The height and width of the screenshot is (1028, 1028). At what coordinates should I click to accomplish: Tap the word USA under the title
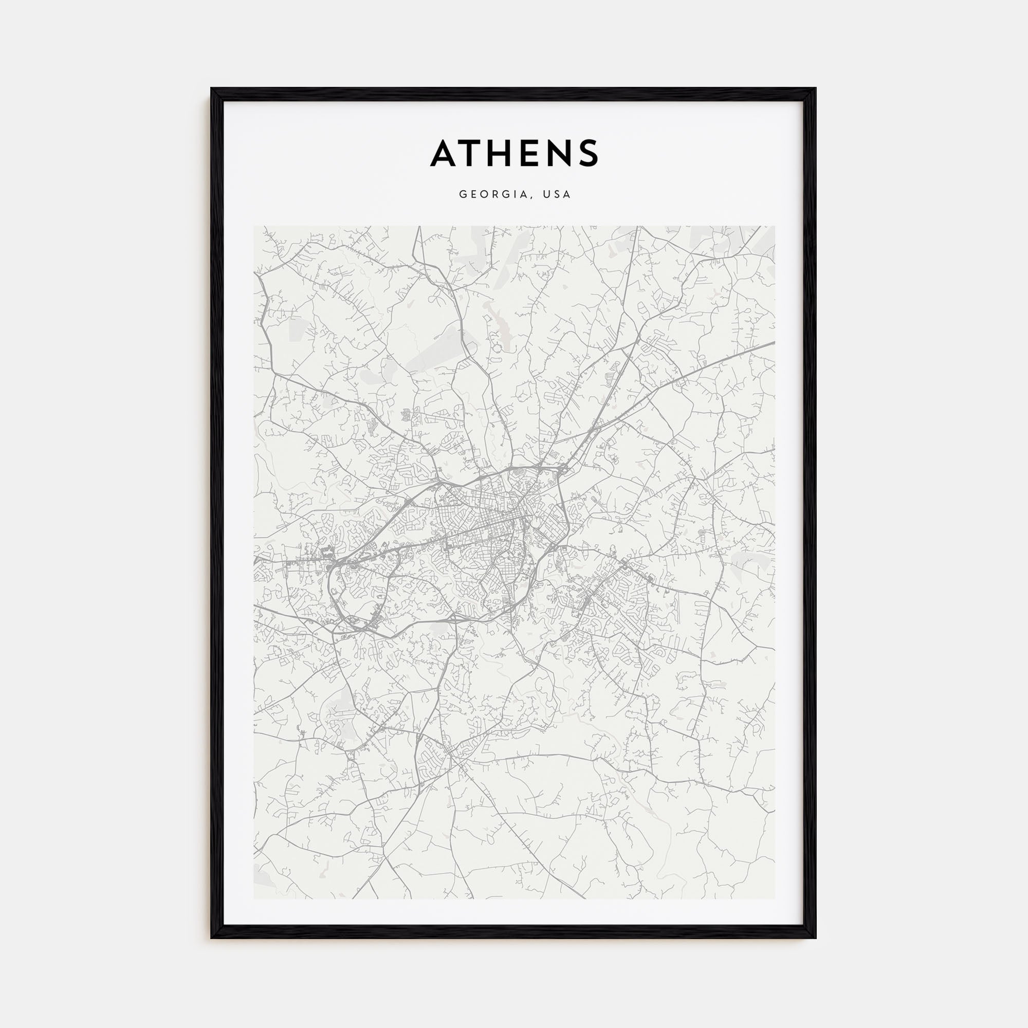click(x=557, y=194)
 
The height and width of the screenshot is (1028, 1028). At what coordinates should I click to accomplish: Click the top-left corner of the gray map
click(x=254, y=226)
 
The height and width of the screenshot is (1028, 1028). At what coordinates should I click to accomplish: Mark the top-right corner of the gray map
click(x=775, y=226)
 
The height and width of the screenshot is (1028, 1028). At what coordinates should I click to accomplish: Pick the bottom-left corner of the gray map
click(x=254, y=899)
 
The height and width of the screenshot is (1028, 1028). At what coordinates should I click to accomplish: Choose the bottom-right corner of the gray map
click(x=775, y=899)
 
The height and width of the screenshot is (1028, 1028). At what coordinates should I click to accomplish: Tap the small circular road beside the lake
click(x=498, y=348)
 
